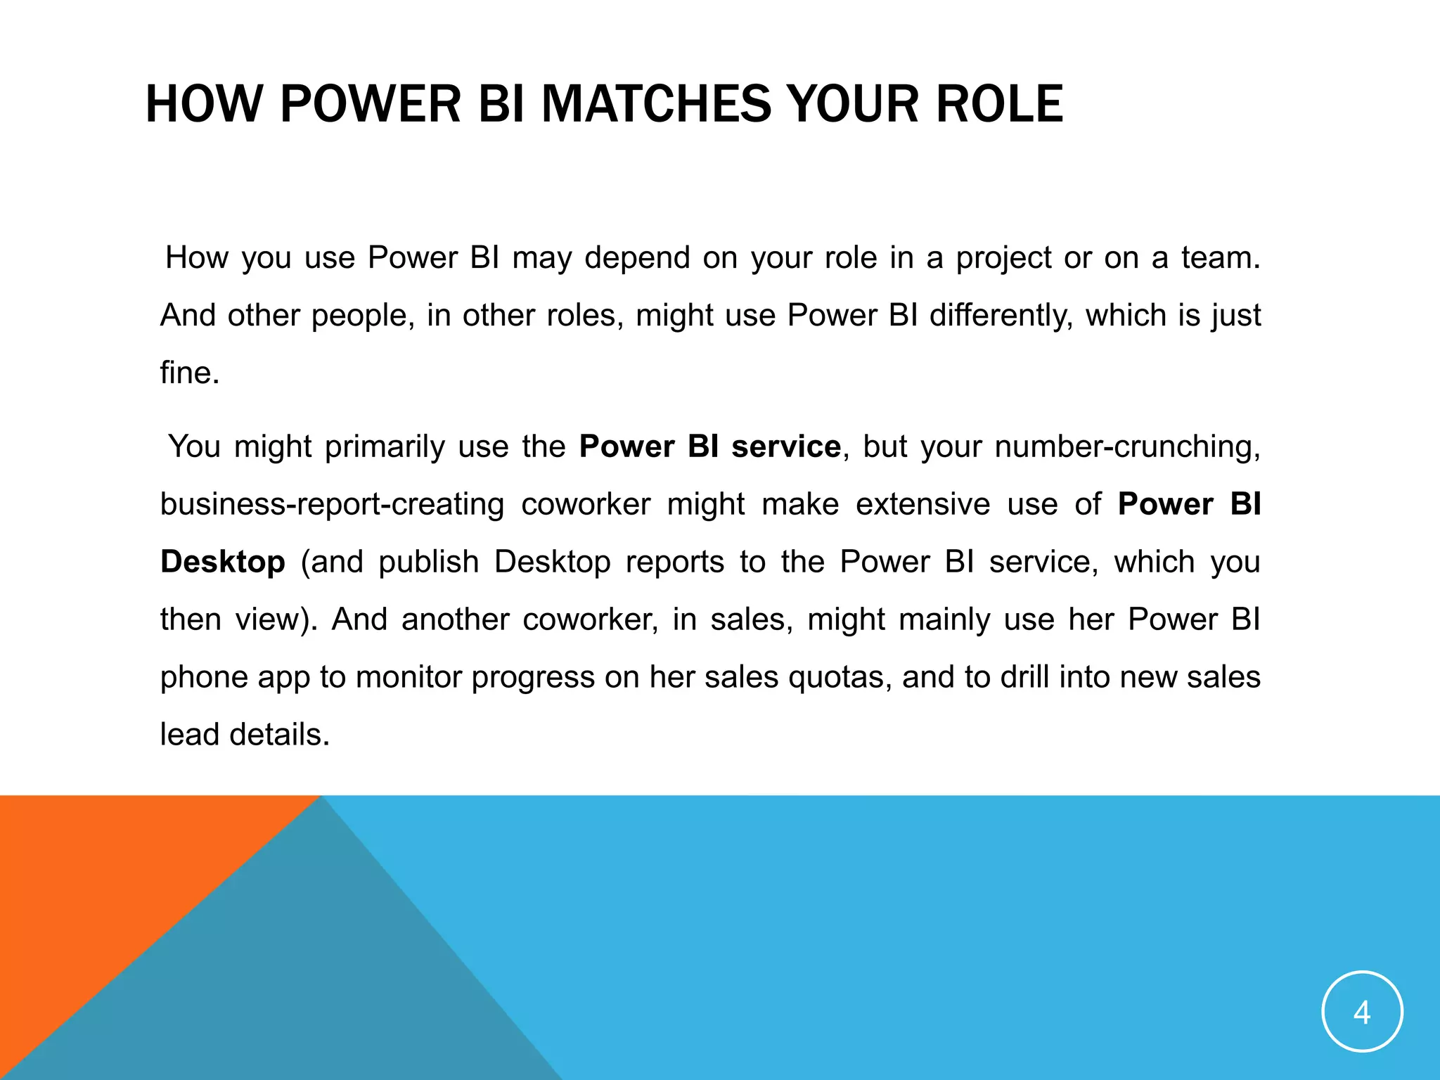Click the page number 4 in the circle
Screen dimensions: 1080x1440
click(1362, 1012)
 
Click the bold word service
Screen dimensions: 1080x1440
click(785, 447)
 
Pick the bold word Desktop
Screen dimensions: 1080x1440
click(223, 562)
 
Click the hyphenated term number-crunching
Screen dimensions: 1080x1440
click(1127, 447)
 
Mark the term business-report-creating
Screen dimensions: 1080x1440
click(332, 505)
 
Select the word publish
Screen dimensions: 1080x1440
click(429, 562)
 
